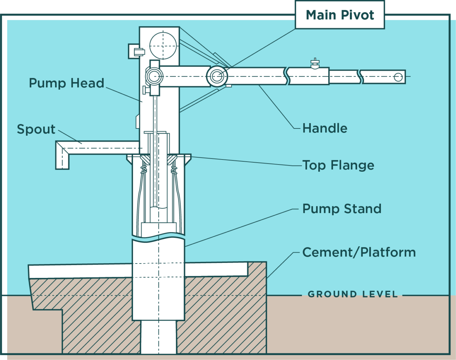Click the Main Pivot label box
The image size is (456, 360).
tap(339, 15)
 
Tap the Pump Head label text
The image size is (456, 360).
tap(67, 83)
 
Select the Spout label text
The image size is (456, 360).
tap(36, 129)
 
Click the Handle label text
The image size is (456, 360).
tap(325, 128)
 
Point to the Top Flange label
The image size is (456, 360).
tap(338, 165)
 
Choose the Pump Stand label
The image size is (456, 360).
tap(342, 209)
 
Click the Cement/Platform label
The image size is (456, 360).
tap(359, 252)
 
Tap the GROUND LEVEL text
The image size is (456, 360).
tap(353, 294)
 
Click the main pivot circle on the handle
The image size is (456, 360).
tap(216, 76)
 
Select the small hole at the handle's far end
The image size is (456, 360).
tap(398, 77)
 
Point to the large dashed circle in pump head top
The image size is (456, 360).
tap(163, 46)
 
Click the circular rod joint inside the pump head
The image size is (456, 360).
tap(154, 76)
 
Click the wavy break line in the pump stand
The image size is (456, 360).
tap(158, 238)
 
